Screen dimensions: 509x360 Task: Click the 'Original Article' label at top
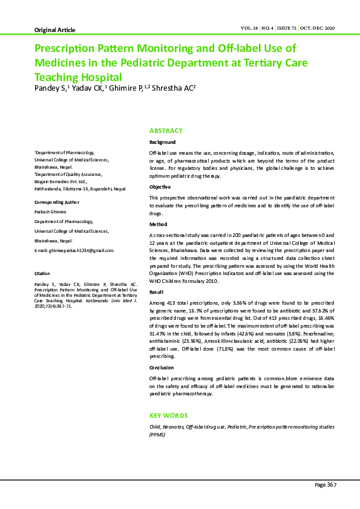(x=55, y=30)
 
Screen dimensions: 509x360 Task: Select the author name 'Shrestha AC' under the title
(x=174, y=88)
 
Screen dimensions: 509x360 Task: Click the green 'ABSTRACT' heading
(x=166, y=131)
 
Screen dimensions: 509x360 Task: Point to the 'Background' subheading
(x=163, y=142)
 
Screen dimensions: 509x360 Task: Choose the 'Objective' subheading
(x=160, y=187)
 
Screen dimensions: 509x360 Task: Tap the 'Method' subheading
(x=158, y=224)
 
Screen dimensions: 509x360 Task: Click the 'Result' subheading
(x=157, y=291)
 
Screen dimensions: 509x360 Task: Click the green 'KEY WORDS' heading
(x=168, y=415)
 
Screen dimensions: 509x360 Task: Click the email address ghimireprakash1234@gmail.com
(x=74, y=250)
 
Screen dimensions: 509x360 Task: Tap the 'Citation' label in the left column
(x=42, y=274)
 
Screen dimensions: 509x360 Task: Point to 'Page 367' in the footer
(x=325, y=485)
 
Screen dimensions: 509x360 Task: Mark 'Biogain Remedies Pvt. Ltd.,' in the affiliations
(x=61, y=181)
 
